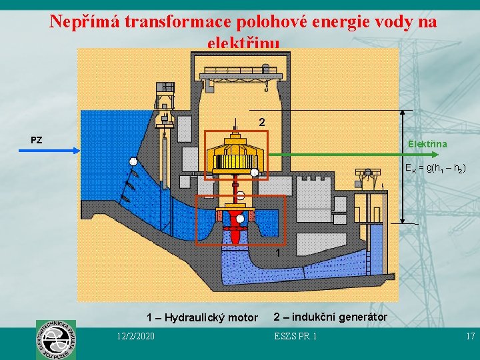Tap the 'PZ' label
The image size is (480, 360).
pyautogui.click(x=37, y=140)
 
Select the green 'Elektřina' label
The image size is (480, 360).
pyautogui.click(x=427, y=144)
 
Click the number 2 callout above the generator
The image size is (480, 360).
pyautogui.click(x=262, y=123)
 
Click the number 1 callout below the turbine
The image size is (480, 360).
pyautogui.click(x=278, y=253)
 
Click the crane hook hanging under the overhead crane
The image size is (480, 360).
pyautogui.click(x=265, y=86)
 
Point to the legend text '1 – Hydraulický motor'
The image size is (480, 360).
pyautogui.click(x=202, y=317)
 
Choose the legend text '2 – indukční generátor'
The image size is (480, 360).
pyautogui.click(x=330, y=316)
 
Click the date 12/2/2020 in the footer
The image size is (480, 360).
pyautogui.click(x=134, y=335)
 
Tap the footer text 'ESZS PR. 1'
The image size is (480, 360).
pyautogui.click(x=295, y=335)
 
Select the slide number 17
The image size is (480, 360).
pyautogui.click(x=470, y=335)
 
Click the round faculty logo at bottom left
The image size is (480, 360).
pyautogui.click(x=55, y=339)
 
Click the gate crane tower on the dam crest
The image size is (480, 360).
pyautogui.click(x=165, y=97)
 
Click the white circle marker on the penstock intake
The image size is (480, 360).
pyautogui.click(x=133, y=162)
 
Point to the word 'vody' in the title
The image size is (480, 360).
pyautogui.click(x=385, y=22)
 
